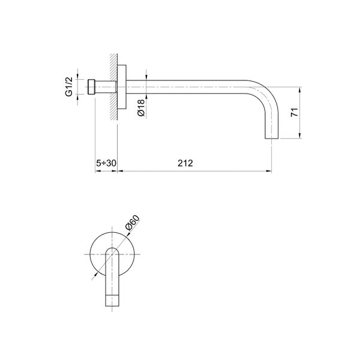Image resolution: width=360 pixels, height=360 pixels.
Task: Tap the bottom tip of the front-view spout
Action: click(x=112, y=307)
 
